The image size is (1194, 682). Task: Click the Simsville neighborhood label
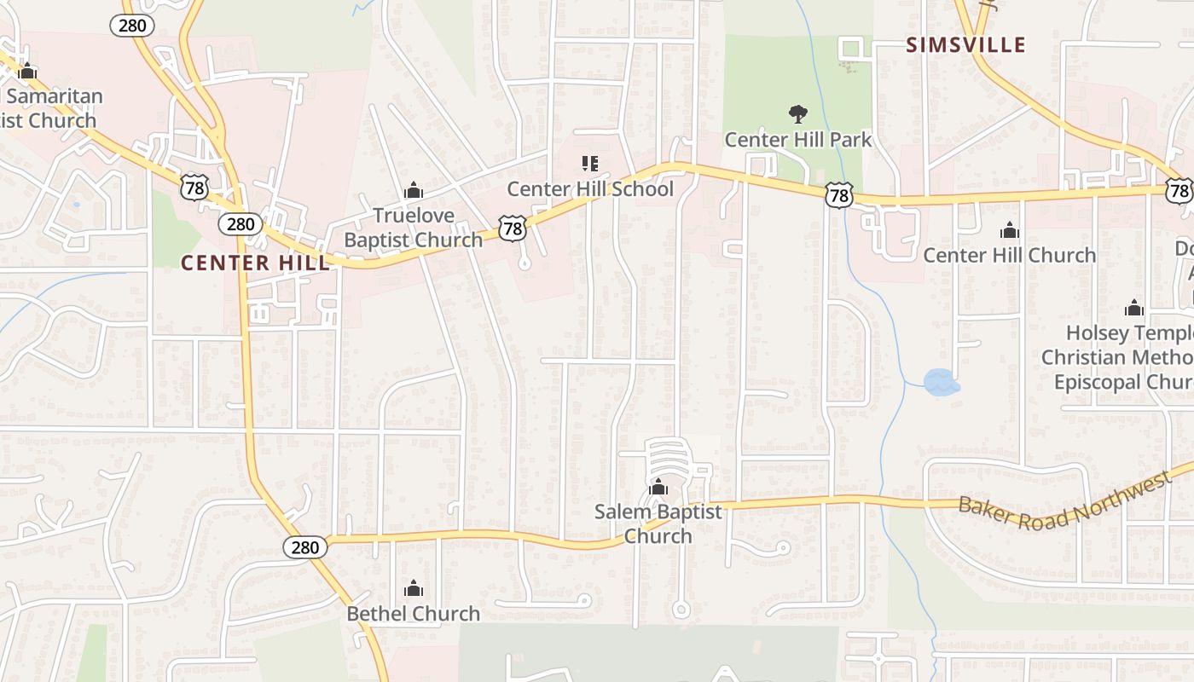965,45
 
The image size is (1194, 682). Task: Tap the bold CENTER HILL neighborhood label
255,263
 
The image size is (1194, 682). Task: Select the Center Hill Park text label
797,139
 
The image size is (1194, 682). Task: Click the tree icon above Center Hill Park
797,113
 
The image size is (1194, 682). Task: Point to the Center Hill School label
590,188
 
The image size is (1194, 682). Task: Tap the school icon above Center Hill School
590,163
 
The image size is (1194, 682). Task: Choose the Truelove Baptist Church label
413,228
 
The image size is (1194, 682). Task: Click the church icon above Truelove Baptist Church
413,189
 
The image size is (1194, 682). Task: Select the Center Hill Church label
1010,255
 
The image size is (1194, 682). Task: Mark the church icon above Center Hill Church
1010,230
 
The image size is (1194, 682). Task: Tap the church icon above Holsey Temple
1133,308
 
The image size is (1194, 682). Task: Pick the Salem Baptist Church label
658,523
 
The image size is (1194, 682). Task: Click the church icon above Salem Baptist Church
658,488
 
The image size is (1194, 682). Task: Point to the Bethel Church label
413,614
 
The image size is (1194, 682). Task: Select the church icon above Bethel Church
413,588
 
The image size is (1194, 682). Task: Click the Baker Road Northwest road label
1064,500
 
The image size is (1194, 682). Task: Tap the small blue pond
941,383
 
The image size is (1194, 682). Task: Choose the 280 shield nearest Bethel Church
304,547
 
